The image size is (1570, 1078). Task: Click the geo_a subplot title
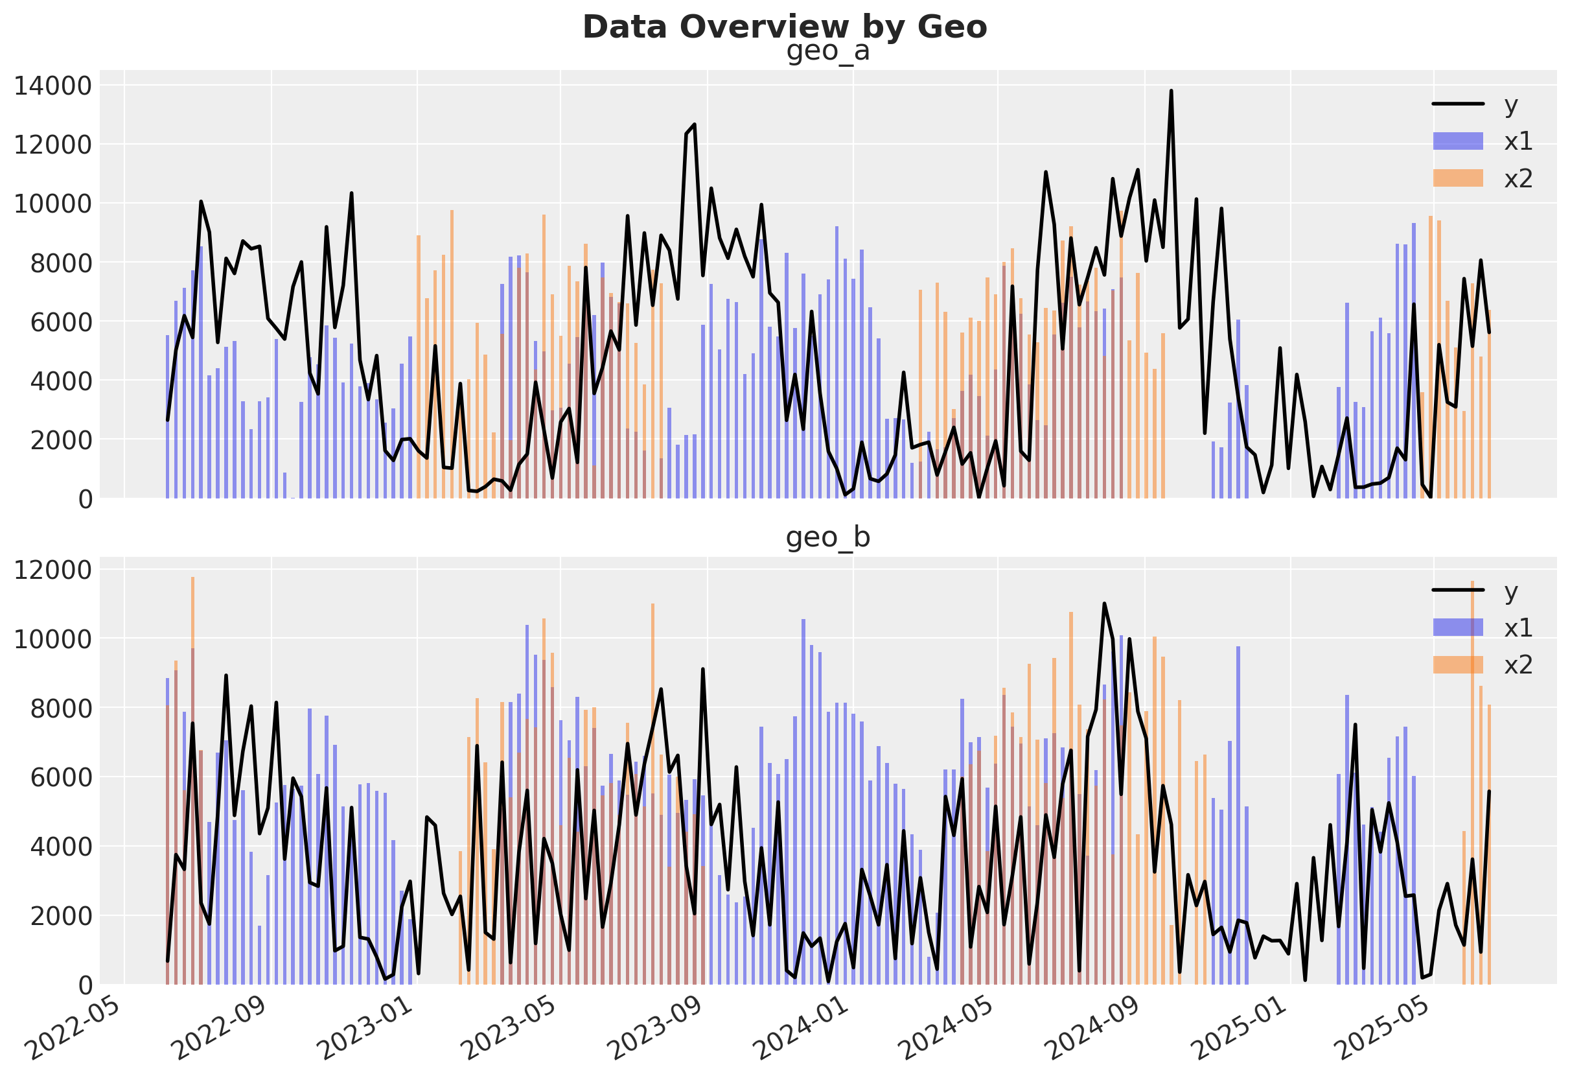(x=827, y=51)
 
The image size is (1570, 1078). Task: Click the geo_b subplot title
(x=827, y=538)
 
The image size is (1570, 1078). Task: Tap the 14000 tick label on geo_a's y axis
(x=52, y=86)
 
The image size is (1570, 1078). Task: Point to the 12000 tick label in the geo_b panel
(x=52, y=570)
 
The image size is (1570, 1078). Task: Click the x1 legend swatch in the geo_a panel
(x=1457, y=141)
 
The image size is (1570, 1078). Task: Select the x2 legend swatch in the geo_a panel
(x=1457, y=178)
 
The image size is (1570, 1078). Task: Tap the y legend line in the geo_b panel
(x=1457, y=591)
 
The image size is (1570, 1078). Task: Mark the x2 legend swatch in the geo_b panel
(x=1457, y=665)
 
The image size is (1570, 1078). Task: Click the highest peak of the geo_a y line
(x=1171, y=91)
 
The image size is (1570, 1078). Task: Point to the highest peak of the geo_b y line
(x=1104, y=603)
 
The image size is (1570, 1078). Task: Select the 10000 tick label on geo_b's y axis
(x=52, y=639)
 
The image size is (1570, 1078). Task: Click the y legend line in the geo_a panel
(x=1457, y=104)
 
